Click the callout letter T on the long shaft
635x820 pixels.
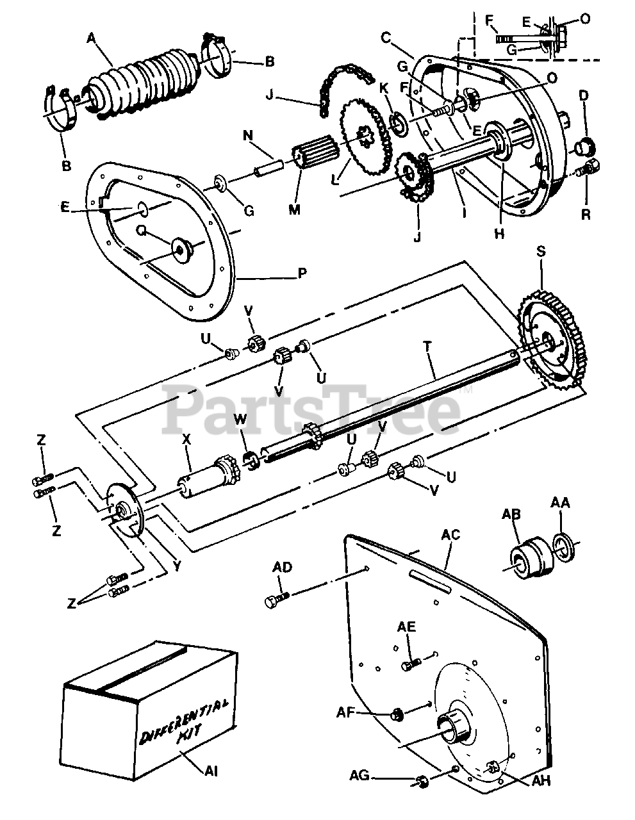[427, 345]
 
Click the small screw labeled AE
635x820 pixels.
[411, 664]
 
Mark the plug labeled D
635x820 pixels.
[583, 149]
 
